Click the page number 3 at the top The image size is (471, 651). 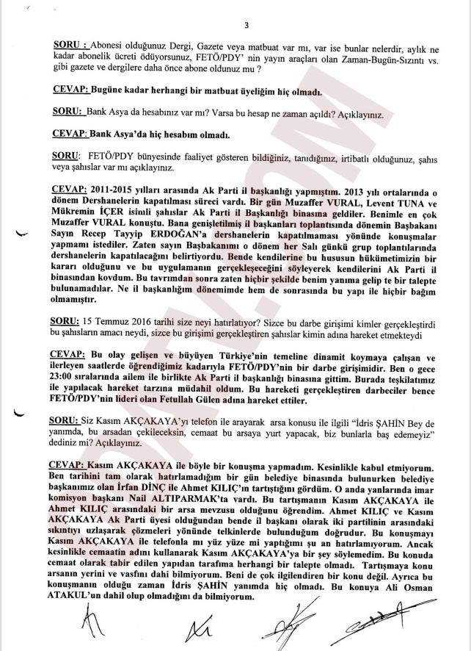pyautogui.click(x=247, y=25)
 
